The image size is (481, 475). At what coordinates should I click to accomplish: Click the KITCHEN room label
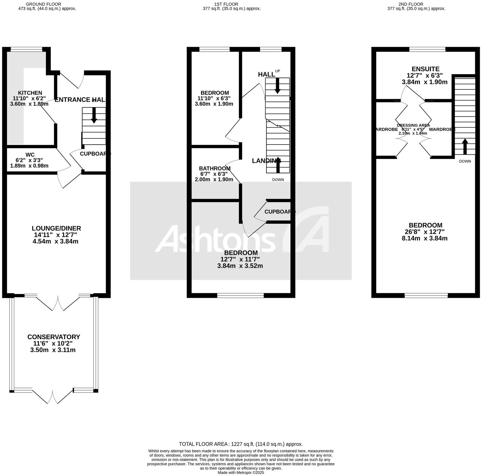pos(30,93)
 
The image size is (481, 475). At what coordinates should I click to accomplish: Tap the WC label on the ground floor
pos(30,155)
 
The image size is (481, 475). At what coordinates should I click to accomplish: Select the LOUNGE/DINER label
pos(56,228)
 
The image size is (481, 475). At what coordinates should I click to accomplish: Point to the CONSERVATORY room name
pos(54,337)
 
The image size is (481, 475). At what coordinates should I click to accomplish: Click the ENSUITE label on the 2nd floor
pos(425,69)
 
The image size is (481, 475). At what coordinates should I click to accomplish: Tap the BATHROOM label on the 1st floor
pos(215,168)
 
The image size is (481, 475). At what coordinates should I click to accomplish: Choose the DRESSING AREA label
pos(413,125)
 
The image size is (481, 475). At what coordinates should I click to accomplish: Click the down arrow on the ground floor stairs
pos(94,115)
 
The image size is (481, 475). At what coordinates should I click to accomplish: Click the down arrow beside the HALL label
pos(277,86)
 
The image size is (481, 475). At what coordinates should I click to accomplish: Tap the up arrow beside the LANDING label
pos(278,165)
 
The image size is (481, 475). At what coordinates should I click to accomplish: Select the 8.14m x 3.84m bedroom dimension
pos(425,238)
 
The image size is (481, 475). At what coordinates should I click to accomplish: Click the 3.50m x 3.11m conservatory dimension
pos(53,350)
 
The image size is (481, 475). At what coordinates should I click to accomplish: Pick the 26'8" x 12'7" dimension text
pos(425,232)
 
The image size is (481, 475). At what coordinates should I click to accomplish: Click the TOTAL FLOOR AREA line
pos(241,444)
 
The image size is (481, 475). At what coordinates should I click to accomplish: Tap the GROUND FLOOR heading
pos(43,4)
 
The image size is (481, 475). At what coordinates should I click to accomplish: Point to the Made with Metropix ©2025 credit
pos(241,473)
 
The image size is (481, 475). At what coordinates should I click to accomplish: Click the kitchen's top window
pos(26,49)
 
